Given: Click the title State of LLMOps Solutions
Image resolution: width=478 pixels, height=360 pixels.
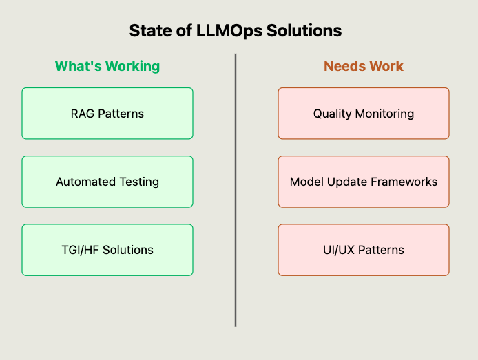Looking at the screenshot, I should click(236, 31).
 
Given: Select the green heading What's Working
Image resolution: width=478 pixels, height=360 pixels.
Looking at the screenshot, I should click(107, 66).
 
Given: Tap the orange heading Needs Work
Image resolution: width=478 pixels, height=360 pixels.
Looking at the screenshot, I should click(364, 66).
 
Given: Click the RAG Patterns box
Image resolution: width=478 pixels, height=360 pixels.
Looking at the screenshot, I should click(107, 113).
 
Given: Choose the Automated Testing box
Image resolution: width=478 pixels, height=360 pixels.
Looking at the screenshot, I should click(107, 182).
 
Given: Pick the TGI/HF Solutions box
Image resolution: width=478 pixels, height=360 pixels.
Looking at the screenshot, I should click(107, 250).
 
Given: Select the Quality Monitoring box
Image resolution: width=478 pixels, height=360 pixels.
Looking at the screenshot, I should click(364, 113).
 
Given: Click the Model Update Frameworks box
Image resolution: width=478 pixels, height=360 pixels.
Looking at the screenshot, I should click(364, 182).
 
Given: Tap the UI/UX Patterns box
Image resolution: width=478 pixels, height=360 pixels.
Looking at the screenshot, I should click(364, 250).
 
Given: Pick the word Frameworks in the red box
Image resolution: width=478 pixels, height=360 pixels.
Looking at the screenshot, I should click(406, 182).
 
